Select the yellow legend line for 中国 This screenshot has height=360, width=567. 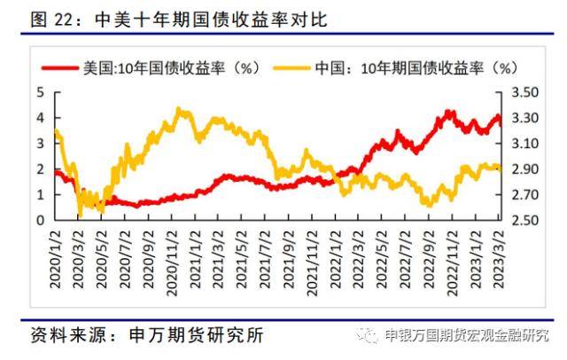288,67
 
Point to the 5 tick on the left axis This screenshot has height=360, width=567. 41,92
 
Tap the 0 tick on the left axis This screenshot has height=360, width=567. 41,220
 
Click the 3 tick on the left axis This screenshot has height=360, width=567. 41,143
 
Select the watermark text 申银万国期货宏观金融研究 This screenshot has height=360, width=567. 467,336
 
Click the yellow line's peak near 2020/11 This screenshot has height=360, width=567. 180,110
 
